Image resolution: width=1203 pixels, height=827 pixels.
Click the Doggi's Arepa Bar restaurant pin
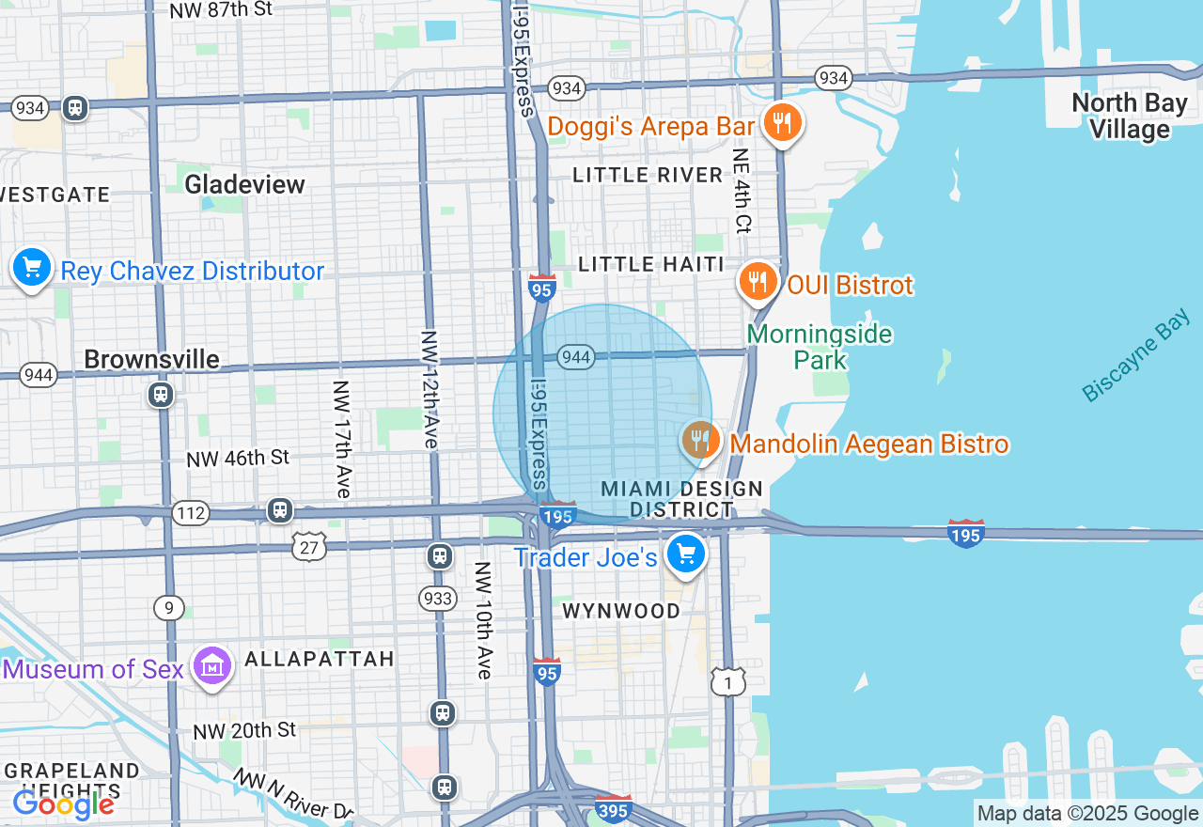pyautogui.click(x=780, y=123)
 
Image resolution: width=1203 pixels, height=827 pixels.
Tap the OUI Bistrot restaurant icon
pyautogui.click(x=758, y=281)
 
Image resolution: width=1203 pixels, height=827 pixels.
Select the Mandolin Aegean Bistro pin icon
pyautogui.click(x=700, y=440)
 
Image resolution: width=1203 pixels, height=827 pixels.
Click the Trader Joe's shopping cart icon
pyautogui.click(x=685, y=554)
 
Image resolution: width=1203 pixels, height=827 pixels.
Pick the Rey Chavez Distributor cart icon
pyautogui.click(x=32, y=269)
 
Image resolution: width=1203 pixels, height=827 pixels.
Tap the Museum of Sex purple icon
pyautogui.click(x=211, y=666)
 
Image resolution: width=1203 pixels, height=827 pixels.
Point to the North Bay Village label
pyautogui.click(x=1129, y=116)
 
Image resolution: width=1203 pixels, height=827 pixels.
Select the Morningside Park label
pyautogui.click(x=820, y=347)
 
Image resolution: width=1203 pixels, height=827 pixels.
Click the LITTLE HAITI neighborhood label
pyautogui.click(x=651, y=264)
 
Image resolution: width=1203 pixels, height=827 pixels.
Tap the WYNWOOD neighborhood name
pyautogui.click(x=621, y=611)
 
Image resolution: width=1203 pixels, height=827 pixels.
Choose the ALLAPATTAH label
pyautogui.click(x=320, y=659)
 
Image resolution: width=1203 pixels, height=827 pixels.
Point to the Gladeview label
pyautogui.click(x=244, y=184)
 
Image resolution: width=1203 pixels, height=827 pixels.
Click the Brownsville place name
pyautogui.click(x=151, y=359)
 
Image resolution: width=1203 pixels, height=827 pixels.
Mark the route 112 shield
pyautogui.click(x=190, y=513)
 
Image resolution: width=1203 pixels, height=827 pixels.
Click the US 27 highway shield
pyautogui.click(x=307, y=546)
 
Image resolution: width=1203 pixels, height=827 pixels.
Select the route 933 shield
pyautogui.click(x=439, y=599)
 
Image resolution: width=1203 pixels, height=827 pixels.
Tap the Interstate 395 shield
pyautogui.click(x=613, y=808)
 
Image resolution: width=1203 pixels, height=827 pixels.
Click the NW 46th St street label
pyautogui.click(x=238, y=459)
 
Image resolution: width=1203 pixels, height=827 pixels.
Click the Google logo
pyautogui.click(x=64, y=804)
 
